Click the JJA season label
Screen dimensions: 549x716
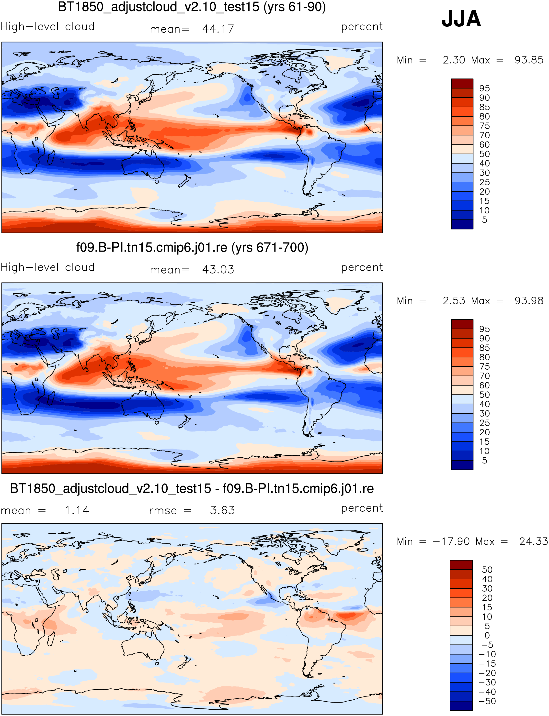coord(461,19)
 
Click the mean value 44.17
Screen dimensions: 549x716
coord(218,29)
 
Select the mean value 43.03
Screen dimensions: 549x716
coord(218,269)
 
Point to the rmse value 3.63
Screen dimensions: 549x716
coord(222,510)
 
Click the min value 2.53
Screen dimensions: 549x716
coord(454,300)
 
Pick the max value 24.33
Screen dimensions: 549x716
coord(533,541)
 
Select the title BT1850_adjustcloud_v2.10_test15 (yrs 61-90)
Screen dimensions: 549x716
coord(192,7)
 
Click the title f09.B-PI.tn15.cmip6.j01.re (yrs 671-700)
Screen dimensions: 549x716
coord(192,247)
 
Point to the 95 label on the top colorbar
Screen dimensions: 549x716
coord(484,88)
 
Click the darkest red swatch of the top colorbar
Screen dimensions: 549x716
coord(462,83)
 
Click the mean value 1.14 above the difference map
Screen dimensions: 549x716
coord(77,510)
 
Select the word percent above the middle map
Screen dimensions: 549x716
coord(362,267)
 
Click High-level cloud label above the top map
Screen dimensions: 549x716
coord(48,26)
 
